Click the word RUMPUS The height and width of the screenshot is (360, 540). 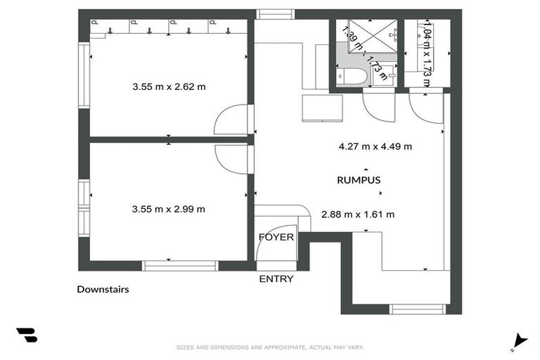pyautogui.click(x=359, y=180)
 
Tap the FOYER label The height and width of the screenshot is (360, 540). pyautogui.click(x=276, y=237)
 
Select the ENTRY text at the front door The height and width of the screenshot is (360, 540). pyautogui.click(x=276, y=279)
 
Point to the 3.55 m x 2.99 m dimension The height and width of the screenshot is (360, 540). pyautogui.click(x=168, y=209)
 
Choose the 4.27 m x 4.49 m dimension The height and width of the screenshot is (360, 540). pyautogui.click(x=375, y=147)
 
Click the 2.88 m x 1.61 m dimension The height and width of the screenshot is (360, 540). pyautogui.click(x=357, y=214)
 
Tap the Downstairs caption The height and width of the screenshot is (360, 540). pyautogui.click(x=103, y=289)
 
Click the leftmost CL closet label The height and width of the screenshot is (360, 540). pyautogui.click(x=94, y=22)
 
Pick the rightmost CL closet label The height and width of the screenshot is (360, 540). pyautogui.click(x=212, y=22)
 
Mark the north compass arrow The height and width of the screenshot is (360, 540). pyautogui.click(x=520, y=340)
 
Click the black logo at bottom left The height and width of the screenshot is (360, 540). pyautogui.click(x=27, y=335)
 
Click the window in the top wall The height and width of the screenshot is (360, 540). pyautogui.click(x=274, y=13)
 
